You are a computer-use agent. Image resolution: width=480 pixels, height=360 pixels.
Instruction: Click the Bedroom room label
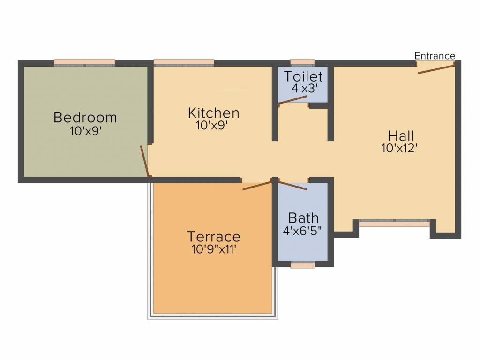pyautogui.click(x=85, y=117)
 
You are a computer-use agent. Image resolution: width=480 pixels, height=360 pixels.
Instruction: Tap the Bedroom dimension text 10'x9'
pyautogui.click(x=86, y=131)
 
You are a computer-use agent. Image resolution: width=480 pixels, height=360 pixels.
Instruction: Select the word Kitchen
pyautogui.click(x=213, y=113)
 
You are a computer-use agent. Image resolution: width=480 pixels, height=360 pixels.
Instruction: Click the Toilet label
pyautogui.click(x=303, y=76)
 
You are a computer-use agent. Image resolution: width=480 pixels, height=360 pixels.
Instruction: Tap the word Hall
pyautogui.click(x=401, y=136)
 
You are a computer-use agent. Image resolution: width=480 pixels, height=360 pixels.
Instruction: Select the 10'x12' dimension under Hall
pyautogui.click(x=399, y=148)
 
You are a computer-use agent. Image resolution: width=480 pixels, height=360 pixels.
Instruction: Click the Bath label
pyautogui.click(x=303, y=218)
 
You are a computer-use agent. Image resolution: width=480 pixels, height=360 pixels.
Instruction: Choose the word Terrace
pyautogui.click(x=213, y=237)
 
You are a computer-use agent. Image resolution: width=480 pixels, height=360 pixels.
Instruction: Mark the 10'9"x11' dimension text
pyautogui.click(x=213, y=249)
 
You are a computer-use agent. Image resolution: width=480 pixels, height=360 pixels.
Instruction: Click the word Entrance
pyautogui.click(x=435, y=56)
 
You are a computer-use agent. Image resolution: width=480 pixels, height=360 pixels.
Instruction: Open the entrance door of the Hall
pyautogui.click(x=436, y=69)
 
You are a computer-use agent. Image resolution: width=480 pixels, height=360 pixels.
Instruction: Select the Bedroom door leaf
pyautogui.click(x=145, y=161)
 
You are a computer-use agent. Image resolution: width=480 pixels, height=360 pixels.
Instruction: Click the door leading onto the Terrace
pyautogui.click(x=257, y=185)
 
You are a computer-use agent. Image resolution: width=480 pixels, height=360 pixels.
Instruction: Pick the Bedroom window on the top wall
pyautogui.click(x=84, y=62)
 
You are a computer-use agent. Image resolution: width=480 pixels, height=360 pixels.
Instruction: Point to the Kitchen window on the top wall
pyautogui.click(x=184, y=62)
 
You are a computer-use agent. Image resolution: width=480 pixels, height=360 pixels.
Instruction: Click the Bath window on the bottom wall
pyautogui.click(x=302, y=265)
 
